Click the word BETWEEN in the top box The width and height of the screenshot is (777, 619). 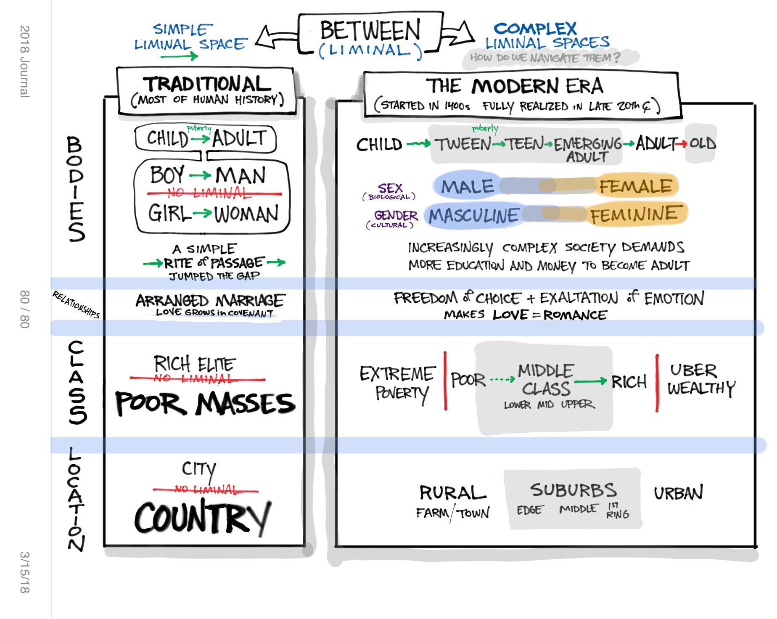(370, 30)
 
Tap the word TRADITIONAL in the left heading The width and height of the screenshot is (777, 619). (207, 84)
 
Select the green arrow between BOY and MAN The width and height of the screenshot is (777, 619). (200, 175)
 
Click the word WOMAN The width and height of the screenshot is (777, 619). (246, 214)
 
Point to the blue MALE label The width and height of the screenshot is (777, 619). (467, 186)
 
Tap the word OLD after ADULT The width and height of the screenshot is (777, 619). (703, 144)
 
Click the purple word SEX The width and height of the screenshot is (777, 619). (390, 188)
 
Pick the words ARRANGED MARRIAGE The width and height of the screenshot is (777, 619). (210, 300)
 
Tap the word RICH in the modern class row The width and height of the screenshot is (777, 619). (629, 382)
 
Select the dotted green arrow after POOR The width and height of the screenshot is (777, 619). (502, 380)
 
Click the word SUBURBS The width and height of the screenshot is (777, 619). (573, 490)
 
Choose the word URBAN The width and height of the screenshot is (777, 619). (678, 493)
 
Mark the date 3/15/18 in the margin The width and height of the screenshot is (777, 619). (25, 572)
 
